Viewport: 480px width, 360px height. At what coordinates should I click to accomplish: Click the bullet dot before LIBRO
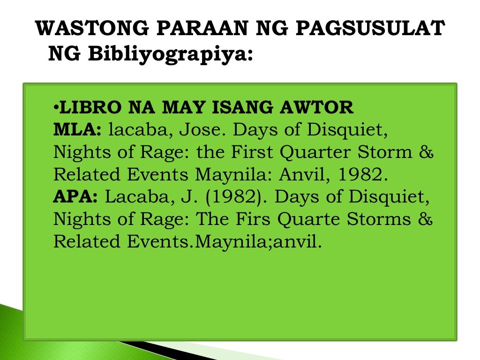(x=56, y=108)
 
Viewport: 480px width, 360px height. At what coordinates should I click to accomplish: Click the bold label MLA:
(x=77, y=130)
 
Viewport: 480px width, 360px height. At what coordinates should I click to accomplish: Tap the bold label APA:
(x=75, y=197)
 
